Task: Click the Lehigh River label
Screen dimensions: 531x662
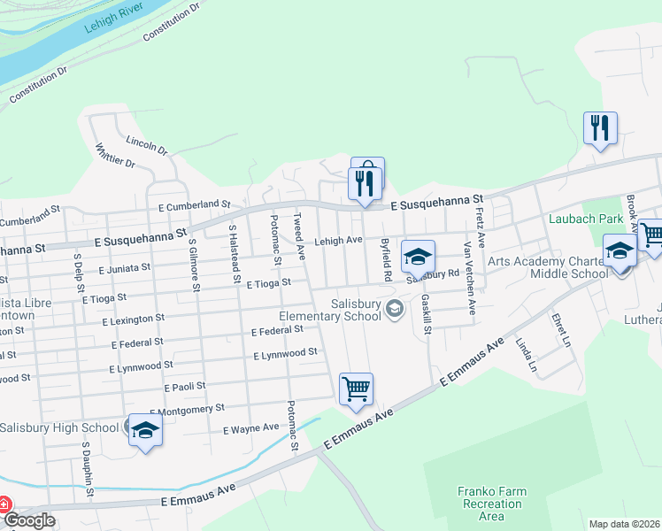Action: click(113, 19)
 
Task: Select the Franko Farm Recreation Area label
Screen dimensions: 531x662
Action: click(491, 504)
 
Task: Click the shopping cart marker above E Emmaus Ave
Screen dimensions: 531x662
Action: click(356, 389)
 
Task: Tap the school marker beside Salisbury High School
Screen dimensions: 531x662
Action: click(146, 431)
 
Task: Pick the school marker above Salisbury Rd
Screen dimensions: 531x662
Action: click(419, 257)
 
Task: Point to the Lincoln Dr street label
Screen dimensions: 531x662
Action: click(146, 146)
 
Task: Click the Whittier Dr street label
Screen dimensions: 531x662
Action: click(114, 157)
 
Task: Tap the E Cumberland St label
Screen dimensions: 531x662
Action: click(194, 205)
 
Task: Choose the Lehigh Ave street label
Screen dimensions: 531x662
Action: click(339, 241)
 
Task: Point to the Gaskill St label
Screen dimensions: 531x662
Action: click(427, 315)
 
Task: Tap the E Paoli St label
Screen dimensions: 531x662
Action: click(185, 387)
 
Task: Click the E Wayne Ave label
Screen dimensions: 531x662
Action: click(251, 428)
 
